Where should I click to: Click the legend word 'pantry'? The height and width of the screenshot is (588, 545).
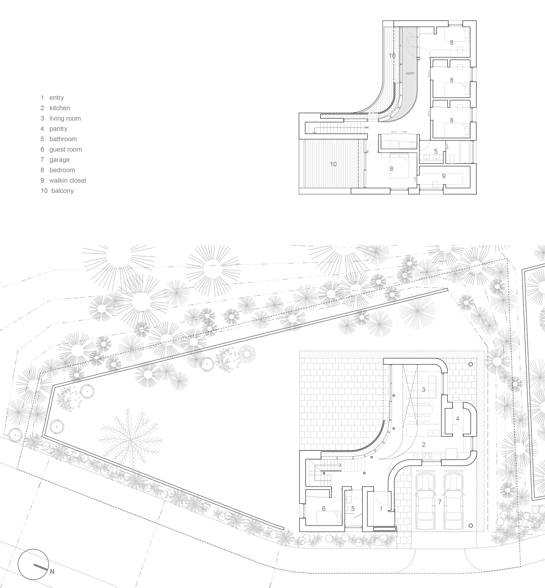pos(58,129)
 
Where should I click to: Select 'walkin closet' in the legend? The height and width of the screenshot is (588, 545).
pos(68,180)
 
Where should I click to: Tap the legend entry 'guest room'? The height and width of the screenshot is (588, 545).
pos(65,150)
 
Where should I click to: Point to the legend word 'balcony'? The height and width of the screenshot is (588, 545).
pos(62,191)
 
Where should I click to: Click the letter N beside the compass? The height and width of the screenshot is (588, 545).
pos(52,572)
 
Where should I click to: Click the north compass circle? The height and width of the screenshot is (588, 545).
pos(33,564)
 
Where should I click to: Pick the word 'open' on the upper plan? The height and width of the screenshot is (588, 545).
pos(410,73)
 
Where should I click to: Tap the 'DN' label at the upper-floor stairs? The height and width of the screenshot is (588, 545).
pos(367,128)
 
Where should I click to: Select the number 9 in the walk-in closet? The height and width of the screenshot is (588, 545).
pos(444,176)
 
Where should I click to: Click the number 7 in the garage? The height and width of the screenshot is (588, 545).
pos(440,502)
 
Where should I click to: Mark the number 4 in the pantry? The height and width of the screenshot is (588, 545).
pos(458,419)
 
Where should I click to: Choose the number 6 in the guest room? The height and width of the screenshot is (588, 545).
pos(323,509)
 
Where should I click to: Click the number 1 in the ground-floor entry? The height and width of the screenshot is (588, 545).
pos(381,509)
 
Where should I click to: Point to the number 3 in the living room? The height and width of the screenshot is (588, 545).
pos(423,390)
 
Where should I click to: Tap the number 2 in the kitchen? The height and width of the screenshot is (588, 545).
pos(423,445)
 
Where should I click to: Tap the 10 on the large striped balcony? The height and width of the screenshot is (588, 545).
pos(333,164)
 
